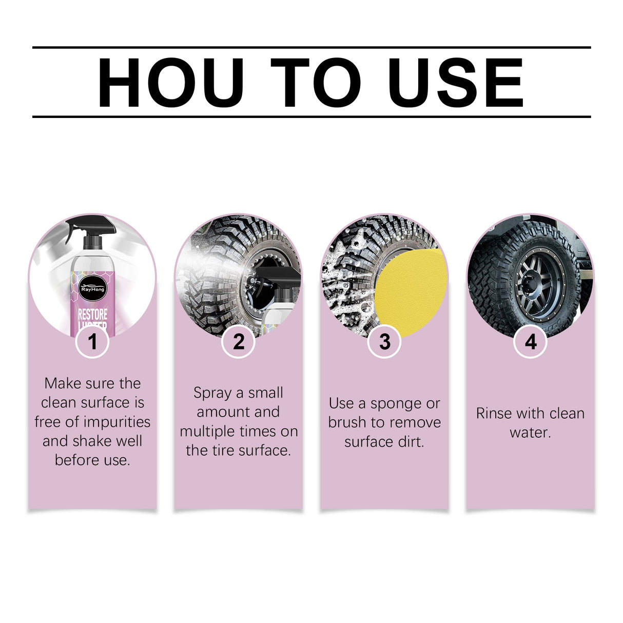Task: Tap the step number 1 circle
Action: click(92, 341)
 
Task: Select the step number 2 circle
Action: click(239, 341)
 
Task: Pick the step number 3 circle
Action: click(384, 341)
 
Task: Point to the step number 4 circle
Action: click(531, 341)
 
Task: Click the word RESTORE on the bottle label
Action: click(92, 314)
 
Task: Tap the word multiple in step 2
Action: click(205, 432)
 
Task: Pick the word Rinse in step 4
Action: click(494, 413)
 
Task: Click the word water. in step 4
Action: click(531, 433)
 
